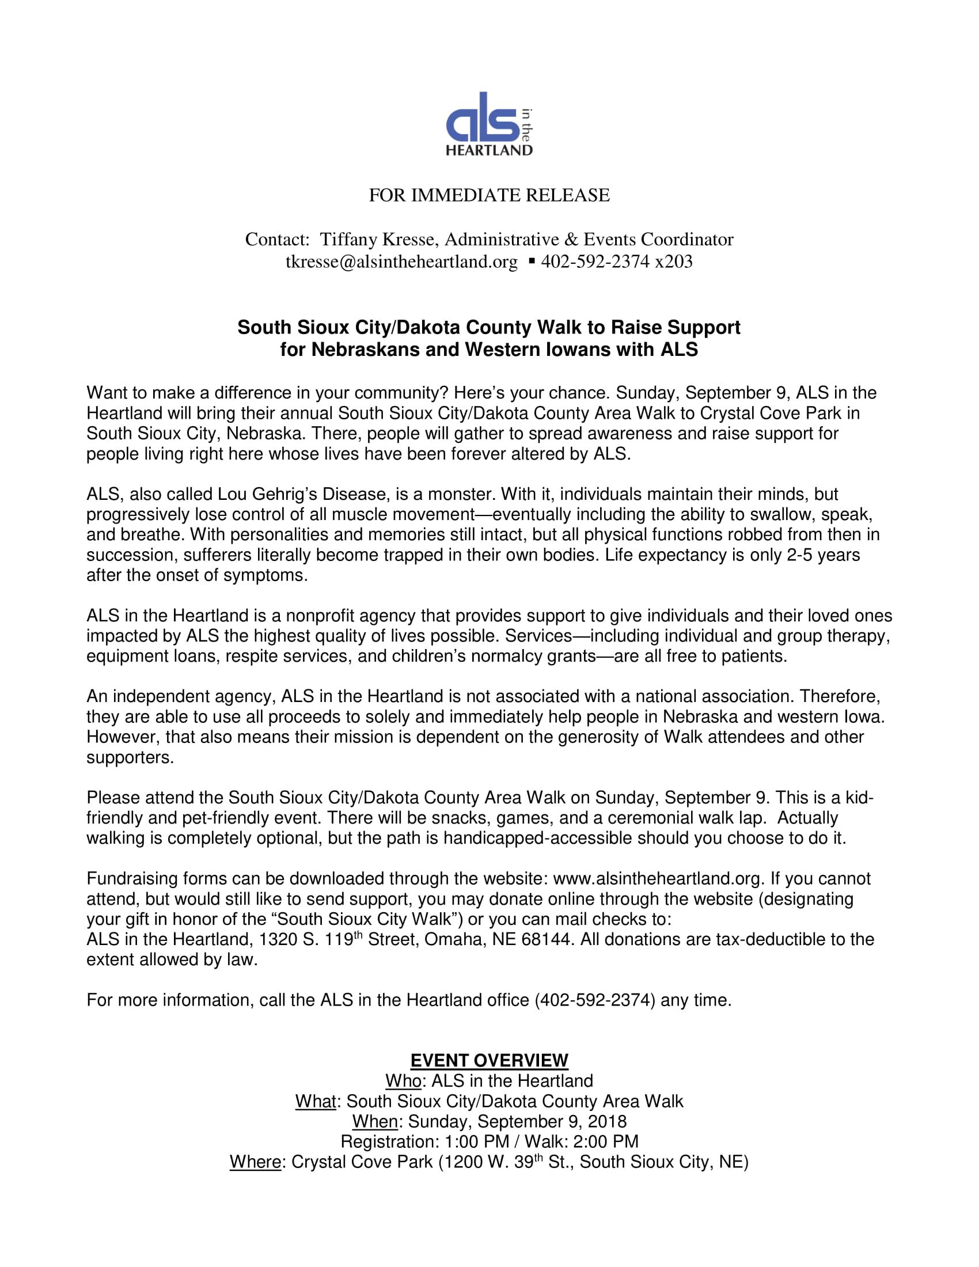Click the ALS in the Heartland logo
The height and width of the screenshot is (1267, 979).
489,124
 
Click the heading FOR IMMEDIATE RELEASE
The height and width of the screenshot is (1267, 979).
489,195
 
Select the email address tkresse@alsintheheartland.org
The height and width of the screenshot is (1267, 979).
401,262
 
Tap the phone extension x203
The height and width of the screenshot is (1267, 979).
673,262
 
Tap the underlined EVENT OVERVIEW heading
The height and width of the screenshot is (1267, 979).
489,1060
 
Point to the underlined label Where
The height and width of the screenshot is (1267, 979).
255,1162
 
